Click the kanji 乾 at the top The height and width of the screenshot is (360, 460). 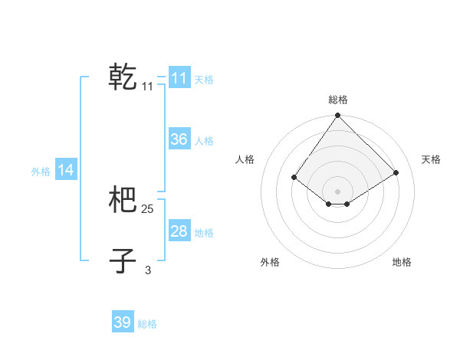point(123,77)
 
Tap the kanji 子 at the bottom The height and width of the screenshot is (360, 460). point(123,260)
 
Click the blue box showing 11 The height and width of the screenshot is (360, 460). point(179,78)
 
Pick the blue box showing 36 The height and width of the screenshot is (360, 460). point(179,139)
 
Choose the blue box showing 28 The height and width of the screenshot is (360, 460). point(179,231)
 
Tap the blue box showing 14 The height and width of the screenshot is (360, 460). point(66,170)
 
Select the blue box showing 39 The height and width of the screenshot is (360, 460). point(122,322)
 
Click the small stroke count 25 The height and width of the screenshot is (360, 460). point(148,209)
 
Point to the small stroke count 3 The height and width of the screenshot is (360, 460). point(148,270)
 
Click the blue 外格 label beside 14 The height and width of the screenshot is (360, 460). point(41,172)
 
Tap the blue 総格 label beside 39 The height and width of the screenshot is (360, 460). point(147,324)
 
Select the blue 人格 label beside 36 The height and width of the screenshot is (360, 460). point(204,141)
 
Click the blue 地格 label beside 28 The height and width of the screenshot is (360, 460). point(204,233)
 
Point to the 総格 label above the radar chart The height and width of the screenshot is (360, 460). point(337,100)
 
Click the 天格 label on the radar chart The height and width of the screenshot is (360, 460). point(431,159)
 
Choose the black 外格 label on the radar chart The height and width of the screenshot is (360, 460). point(270,262)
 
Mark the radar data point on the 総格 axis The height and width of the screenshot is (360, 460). point(337,116)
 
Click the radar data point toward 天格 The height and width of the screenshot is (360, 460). point(396,172)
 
